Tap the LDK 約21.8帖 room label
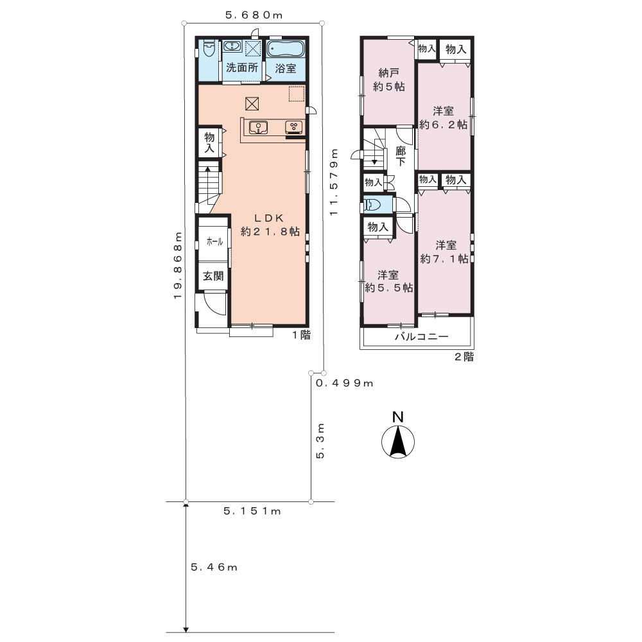tap(270, 225)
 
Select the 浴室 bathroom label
tap(286, 69)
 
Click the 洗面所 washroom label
tap(242, 67)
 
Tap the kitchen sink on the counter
tap(258, 127)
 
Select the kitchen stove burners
tap(294, 127)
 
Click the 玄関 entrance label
tap(213, 276)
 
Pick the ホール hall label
tap(214, 241)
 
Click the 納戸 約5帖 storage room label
tap(388, 80)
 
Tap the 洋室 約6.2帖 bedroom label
tap(444, 117)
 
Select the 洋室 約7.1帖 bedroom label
tap(445, 252)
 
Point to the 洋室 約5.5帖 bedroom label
tap(388, 281)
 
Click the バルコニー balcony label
tap(422, 337)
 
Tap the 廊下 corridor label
tap(401, 157)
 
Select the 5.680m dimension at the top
tap(254, 15)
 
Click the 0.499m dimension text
tap(344, 383)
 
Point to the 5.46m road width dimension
tap(214, 567)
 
